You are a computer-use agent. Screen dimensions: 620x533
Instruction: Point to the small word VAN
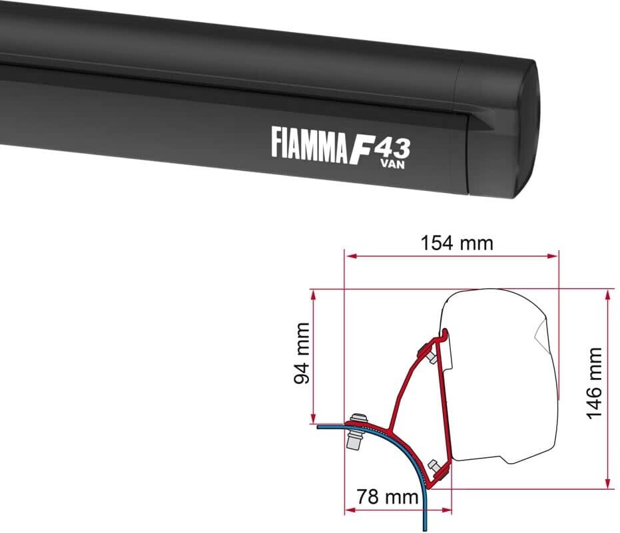coord(393,164)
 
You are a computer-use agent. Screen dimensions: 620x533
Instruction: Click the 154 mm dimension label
coord(457,243)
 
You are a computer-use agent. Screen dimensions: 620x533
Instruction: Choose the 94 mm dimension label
coord(302,353)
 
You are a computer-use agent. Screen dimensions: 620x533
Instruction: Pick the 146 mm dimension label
coord(594,383)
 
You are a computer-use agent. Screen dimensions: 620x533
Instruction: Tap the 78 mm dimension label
coord(387,496)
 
